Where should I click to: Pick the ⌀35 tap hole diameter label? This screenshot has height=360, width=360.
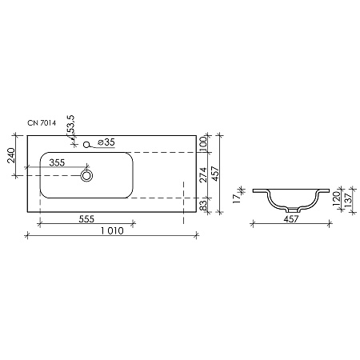tap(106, 142)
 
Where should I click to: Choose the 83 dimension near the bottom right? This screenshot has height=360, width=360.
tap(204, 206)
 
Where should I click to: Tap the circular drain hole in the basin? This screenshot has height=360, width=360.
tap(86, 174)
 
